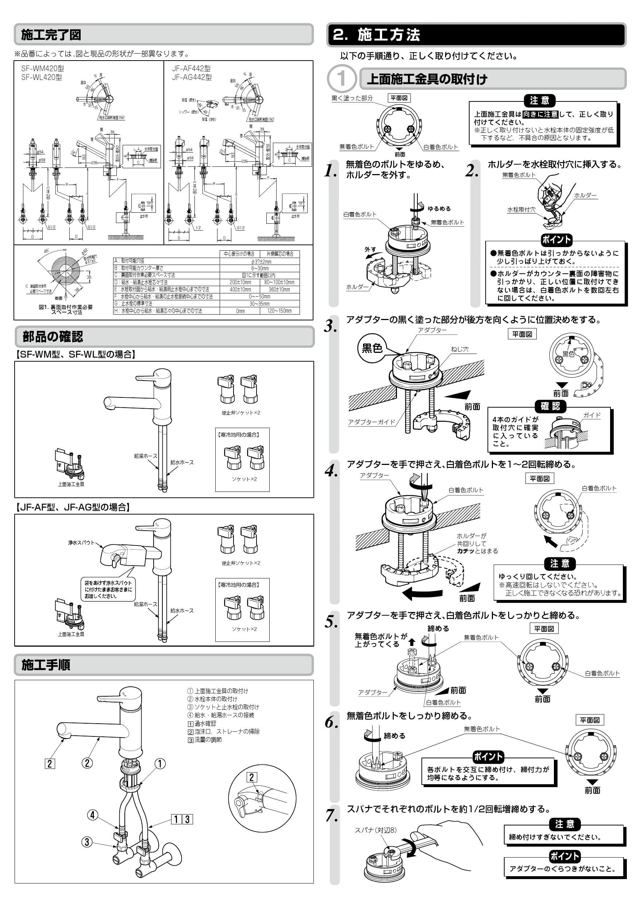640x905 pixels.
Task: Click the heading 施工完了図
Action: [x=51, y=35]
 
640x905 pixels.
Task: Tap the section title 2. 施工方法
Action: [x=376, y=35]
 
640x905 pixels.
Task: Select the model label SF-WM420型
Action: [x=42, y=69]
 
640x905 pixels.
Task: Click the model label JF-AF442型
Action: [x=191, y=69]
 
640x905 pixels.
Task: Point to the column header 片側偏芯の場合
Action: [x=280, y=254]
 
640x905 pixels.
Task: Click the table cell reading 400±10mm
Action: [x=240, y=290]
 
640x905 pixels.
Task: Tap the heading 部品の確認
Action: [x=53, y=336]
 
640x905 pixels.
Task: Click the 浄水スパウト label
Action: [x=81, y=543]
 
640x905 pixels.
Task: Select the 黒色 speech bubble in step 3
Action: [x=371, y=348]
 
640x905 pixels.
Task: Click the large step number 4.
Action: [x=331, y=471]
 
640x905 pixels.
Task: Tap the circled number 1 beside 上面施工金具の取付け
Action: [x=341, y=78]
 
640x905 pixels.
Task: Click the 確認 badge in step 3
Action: [x=550, y=407]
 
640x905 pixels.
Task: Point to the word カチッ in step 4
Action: [x=465, y=551]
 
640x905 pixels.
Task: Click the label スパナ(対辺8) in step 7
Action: [x=375, y=830]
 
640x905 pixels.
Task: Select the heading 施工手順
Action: [x=46, y=665]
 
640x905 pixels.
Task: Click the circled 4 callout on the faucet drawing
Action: [x=92, y=815]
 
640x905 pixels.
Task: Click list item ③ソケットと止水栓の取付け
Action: [x=223, y=707]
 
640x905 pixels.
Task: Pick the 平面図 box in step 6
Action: [x=590, y=720]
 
